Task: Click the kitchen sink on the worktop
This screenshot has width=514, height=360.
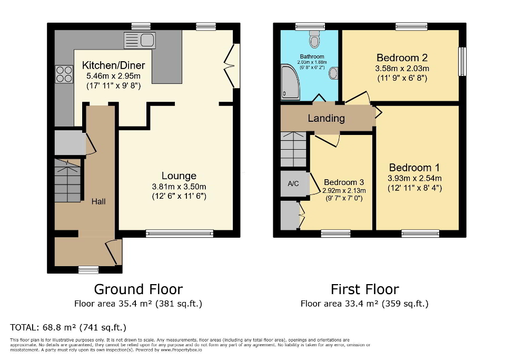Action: (x=139, y=39)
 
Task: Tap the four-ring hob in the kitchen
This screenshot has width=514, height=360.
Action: (x=64, y=73)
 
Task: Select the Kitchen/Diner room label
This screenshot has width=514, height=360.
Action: (x=113, y=65)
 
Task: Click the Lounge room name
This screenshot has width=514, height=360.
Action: (x=179, y=176)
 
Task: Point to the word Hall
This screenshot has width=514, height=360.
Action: (x=98, y=201)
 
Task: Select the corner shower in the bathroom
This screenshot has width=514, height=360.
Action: (x=289, y=82)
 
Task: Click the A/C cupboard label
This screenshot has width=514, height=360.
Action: (x=293, y=184)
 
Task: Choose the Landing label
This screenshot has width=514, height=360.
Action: (x=326, y=118)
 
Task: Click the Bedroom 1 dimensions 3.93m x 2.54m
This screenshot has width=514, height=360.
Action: (x=414, y=178)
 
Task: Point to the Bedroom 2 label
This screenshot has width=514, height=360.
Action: (x=401, y=57)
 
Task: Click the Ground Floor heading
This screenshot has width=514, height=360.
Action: (x=138, y=289)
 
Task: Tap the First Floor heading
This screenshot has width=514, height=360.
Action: (x=364, y=289)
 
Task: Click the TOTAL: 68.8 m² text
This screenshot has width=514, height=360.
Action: (x=68, y=327)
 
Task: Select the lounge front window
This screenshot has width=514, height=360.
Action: (x=180, y=233)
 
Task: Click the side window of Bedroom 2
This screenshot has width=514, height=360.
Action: (x=462, y=62)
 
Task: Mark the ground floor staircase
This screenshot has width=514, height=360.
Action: (x=68, y=180)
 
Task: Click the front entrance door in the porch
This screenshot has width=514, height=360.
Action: (x=113, y=252)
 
